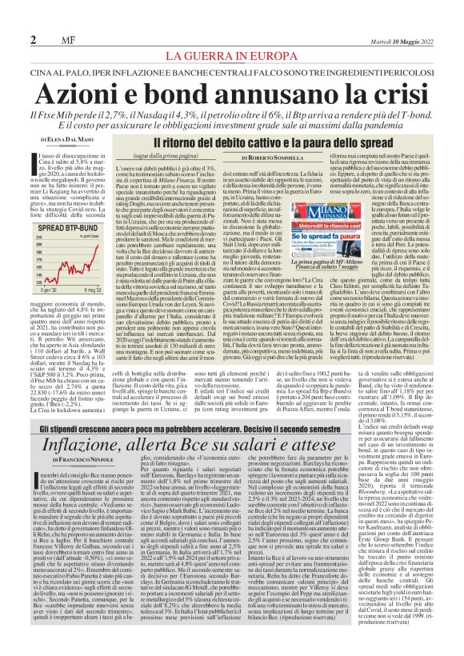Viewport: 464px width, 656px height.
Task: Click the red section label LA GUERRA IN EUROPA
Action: click(x=232, y=56)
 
